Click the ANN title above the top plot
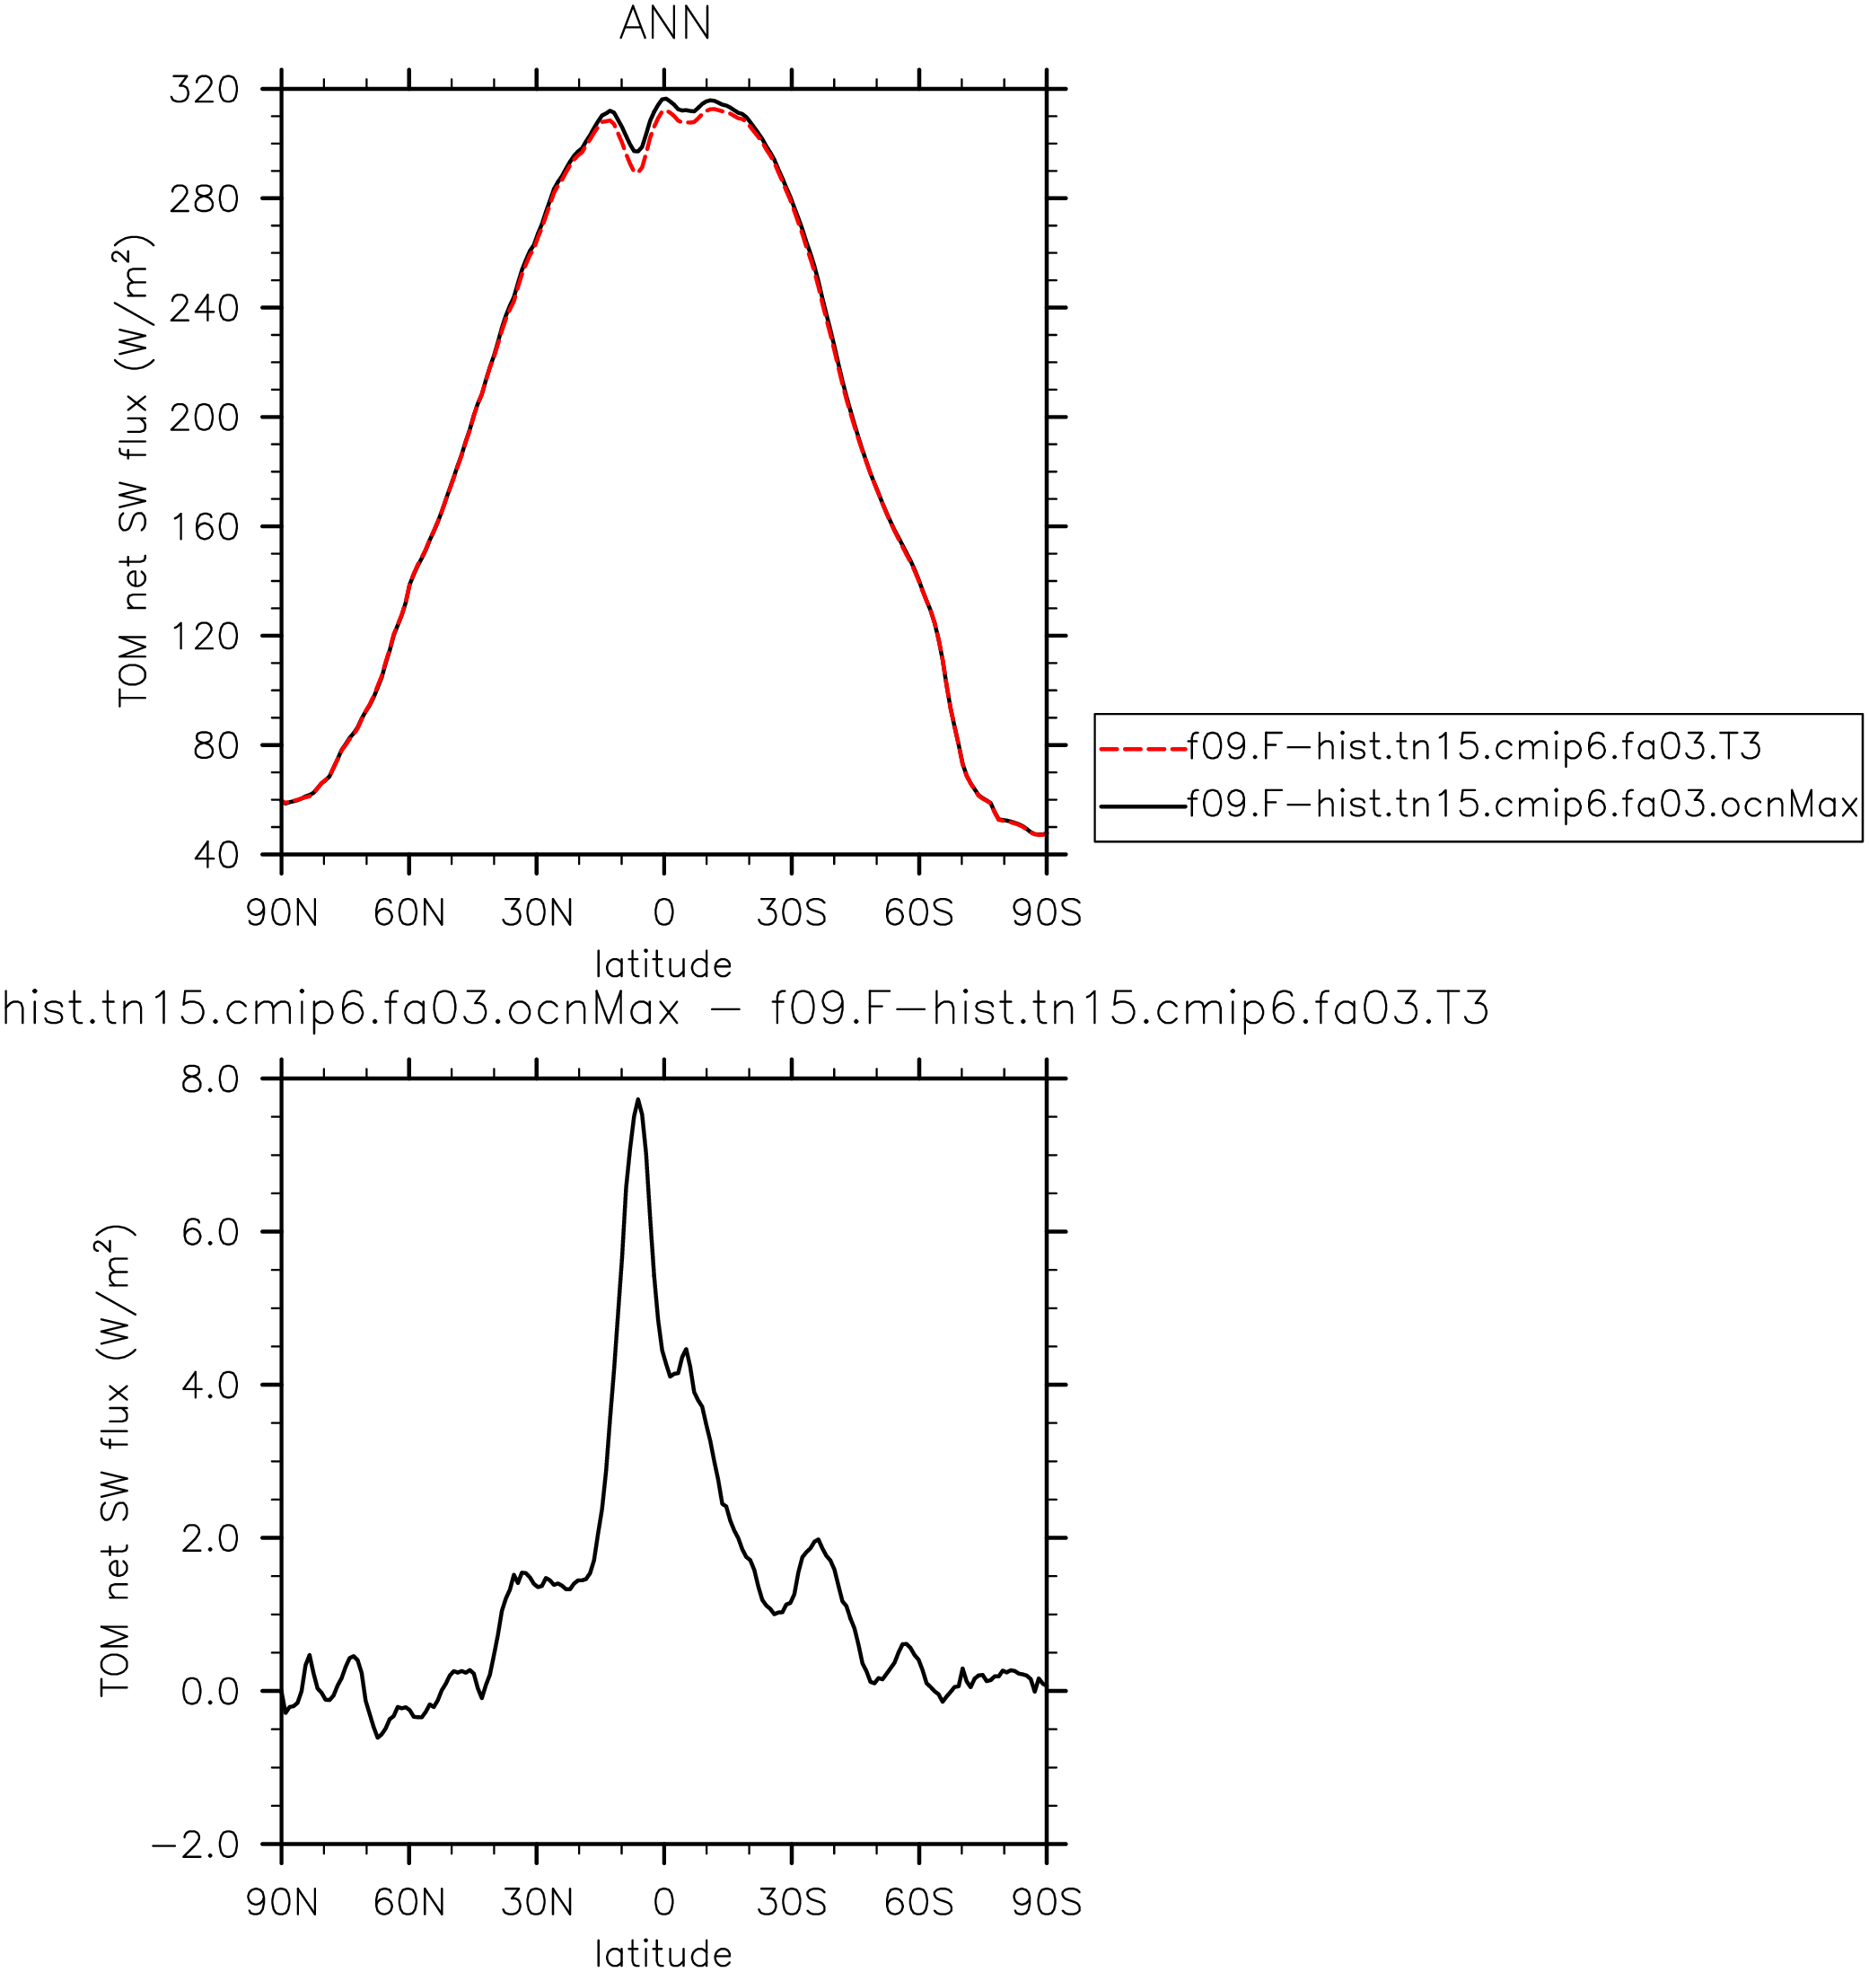tap(665, 23)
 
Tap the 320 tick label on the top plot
tap(205, 90)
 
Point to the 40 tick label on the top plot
tap(216, 854)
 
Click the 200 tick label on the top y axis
tap(205, 418)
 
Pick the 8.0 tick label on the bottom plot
tap(210, 1079)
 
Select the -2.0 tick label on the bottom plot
tap(197, 1844)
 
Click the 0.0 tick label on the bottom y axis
tap(210, 1691)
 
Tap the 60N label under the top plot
tap(409, 912)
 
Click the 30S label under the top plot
tap(792, 912)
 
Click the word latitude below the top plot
tap(663, 964)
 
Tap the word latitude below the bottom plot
tap(663, 1954)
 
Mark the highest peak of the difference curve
tap(637, 1100)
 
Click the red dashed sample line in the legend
tap(1144, 747)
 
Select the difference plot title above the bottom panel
tap(745, 1009)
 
